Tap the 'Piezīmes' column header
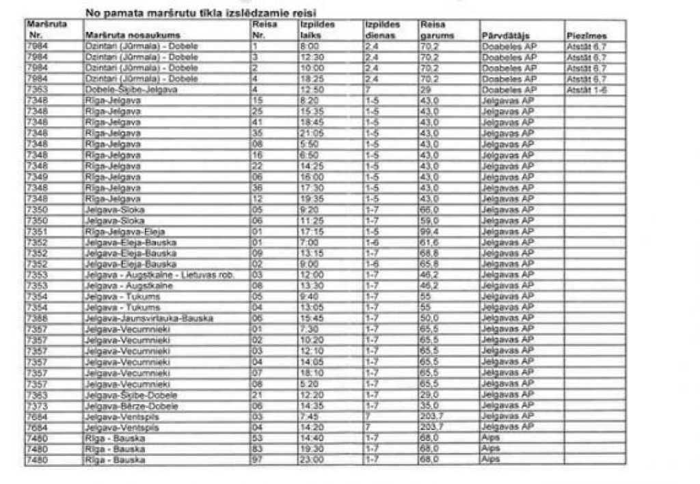587,36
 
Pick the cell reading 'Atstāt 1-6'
587,90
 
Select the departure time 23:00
312,460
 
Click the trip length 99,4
430,232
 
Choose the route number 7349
36,177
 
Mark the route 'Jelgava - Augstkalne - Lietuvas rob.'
159,275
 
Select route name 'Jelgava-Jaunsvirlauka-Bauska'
148,319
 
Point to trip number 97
257,460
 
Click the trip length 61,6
430,243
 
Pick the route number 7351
36,232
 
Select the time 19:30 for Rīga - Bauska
312,449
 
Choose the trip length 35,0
430,405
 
